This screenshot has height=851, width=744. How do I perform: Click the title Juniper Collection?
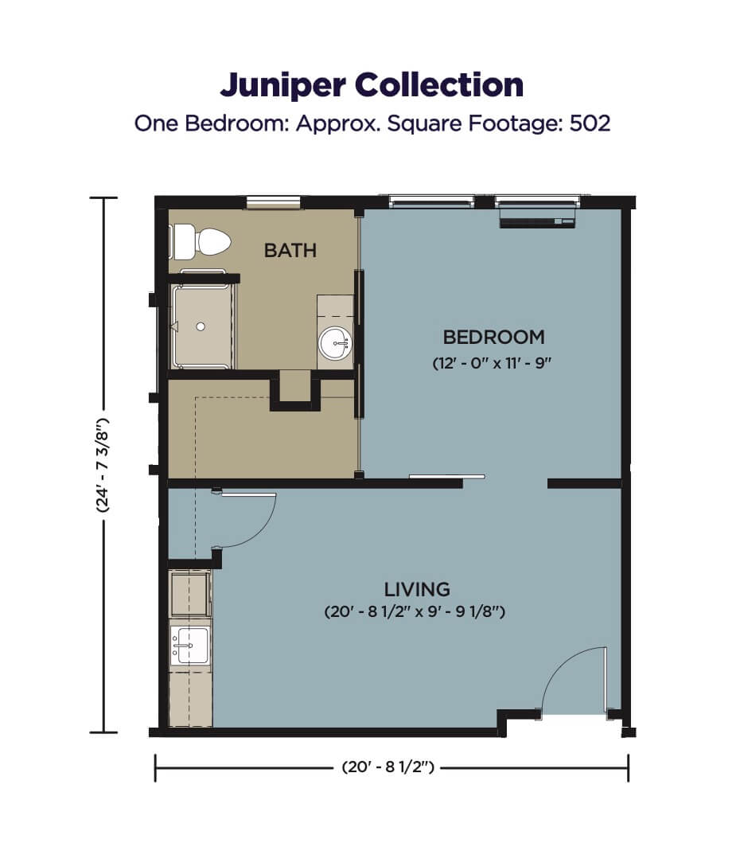tap(372, 85)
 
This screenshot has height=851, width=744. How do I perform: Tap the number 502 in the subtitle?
tap(590, 123)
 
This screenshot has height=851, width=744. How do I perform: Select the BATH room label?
tap(290, 250)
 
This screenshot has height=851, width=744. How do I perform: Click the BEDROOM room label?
tap(494, 337)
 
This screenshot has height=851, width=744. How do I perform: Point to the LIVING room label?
tap(417, 589)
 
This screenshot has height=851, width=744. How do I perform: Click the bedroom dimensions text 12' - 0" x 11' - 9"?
tap(492, 363)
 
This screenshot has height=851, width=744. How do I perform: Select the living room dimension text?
tap(415, 611)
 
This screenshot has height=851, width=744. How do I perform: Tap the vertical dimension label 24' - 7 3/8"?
tap(103, 466)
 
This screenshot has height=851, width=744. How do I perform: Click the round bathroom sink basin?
tap(335, 343)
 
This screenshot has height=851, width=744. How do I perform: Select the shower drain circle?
tap(201, 326)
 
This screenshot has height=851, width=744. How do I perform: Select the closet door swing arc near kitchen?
tap(260, 529)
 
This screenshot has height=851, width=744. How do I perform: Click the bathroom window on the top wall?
tap(274, 202)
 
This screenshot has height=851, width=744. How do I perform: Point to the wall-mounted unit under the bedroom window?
tap(537, 222)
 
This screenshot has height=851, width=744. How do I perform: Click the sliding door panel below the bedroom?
tap(446, 477)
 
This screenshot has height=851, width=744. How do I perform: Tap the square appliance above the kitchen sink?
tap(190, 593)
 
